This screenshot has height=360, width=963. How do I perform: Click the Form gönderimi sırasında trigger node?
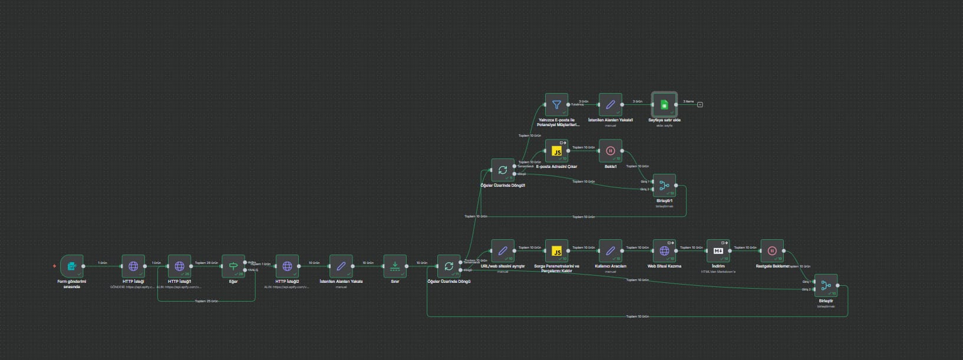point(72,266)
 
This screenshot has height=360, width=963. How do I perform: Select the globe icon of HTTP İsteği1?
point(179,266)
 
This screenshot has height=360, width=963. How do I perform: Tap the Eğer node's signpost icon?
point(233,266)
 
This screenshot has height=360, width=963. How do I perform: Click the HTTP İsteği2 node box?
point(287,266)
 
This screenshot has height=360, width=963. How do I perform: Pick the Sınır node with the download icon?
point(395,266)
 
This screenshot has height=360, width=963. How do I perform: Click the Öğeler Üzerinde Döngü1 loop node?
point(503,170)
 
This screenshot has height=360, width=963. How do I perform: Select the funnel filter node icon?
point(556,105)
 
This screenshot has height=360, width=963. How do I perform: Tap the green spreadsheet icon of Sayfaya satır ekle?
point(664,105)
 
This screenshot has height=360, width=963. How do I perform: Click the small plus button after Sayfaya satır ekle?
point(700,105)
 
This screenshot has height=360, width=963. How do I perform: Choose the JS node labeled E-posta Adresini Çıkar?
point(556,151)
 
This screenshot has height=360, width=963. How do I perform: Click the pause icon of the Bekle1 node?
point(611,151)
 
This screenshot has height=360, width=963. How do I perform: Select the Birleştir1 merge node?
point(664,186)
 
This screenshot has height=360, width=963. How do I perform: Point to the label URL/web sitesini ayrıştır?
point(503,266)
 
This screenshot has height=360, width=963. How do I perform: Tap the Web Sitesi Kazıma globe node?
point(664,251)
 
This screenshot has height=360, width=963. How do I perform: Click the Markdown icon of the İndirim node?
point(718,251)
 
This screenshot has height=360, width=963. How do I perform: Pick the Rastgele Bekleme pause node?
point(772,251)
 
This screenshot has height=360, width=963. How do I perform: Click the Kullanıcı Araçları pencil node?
point(611,251)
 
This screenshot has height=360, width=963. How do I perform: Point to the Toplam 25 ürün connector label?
point(206,301)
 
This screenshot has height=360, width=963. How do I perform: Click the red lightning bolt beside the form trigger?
point(55,266)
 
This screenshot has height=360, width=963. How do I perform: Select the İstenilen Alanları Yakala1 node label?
point(611,120)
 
